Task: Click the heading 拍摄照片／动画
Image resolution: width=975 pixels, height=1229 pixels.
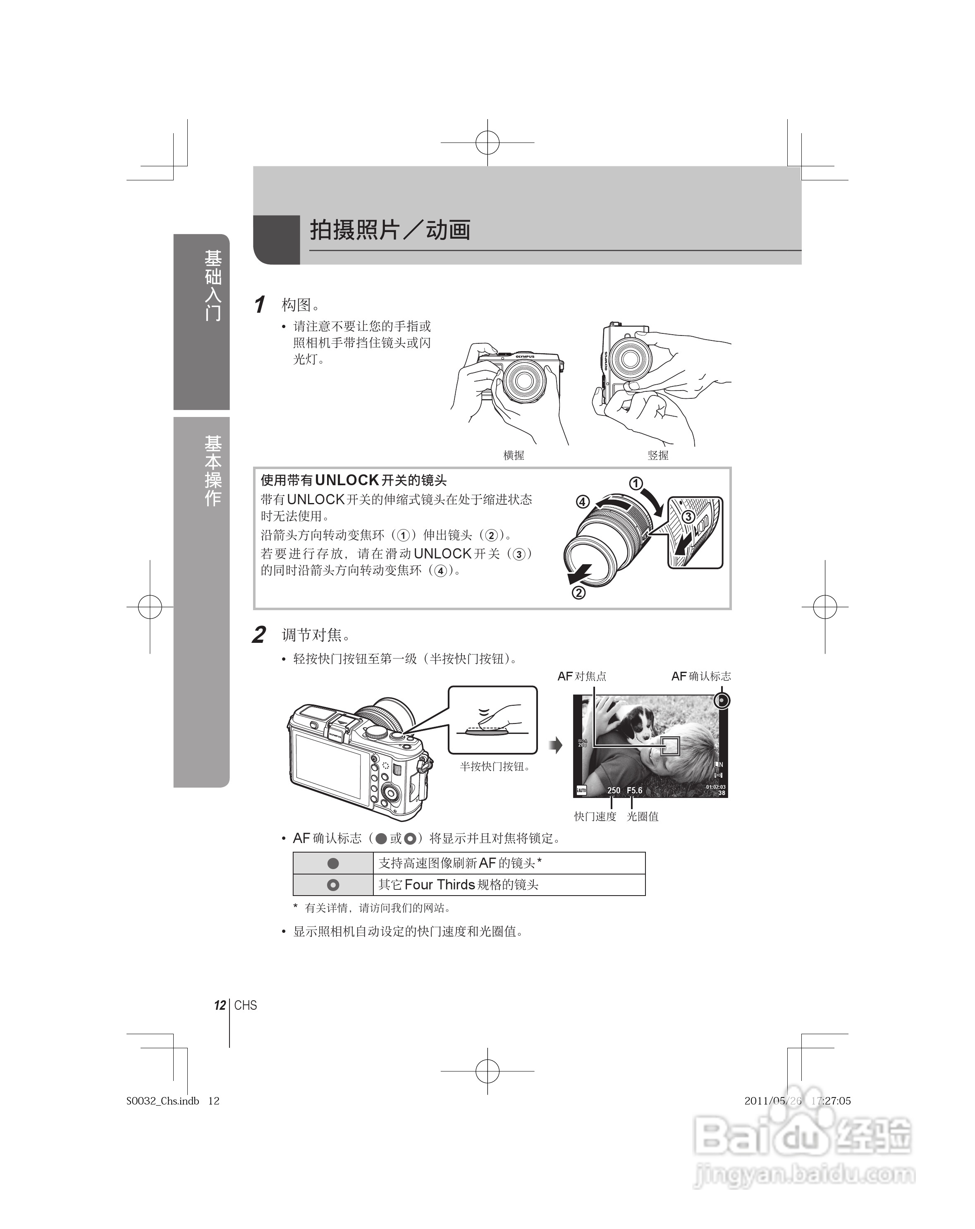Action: coord(390,230)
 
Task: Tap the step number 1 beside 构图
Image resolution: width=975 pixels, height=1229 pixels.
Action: coord(260,304)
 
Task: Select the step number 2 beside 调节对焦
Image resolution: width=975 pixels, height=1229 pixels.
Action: coord(259,635)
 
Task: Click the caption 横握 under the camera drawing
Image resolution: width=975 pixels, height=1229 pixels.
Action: coord(514,455)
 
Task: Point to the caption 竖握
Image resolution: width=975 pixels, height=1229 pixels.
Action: coord(657,455)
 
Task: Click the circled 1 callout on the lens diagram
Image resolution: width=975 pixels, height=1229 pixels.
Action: coord(636,484)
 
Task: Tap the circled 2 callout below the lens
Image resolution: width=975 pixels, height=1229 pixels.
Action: coord(578,593)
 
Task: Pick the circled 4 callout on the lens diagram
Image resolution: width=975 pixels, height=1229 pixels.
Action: coord(582,502)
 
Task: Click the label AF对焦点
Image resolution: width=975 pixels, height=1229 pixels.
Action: coord(582,676)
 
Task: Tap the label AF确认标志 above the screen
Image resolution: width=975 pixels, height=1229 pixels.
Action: coord(701,676)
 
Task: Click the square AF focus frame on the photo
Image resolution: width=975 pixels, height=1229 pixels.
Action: coord(670,745)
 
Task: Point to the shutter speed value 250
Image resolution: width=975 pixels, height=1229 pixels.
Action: coord(614,791)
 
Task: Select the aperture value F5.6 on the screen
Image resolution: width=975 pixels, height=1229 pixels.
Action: coord(634,791)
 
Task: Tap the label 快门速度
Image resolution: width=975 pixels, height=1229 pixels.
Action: coord(595,816)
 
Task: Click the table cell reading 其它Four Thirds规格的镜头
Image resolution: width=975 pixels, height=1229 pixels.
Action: coord(459,885)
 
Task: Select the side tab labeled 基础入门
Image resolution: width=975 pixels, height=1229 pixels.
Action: coord(213,285)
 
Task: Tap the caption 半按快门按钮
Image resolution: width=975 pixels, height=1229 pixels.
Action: coord(495,767)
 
